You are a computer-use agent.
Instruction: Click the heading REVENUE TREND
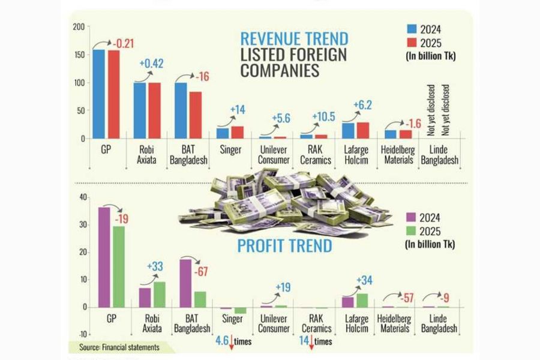(294, 38)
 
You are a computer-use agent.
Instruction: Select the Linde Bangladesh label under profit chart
(439, 323)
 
